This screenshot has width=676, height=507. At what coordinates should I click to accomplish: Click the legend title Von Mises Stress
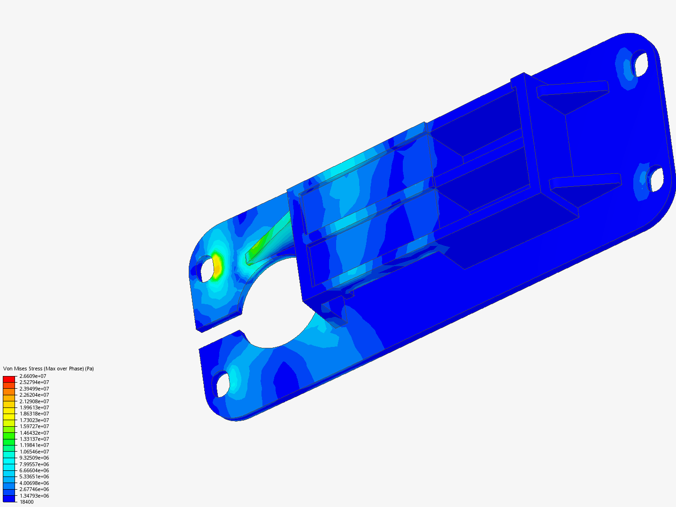click(x=48, y=369)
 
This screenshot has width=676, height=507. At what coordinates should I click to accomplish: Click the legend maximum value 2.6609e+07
click(x=32, y=376)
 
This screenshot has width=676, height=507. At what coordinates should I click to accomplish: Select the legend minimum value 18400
click(x=26, y=502)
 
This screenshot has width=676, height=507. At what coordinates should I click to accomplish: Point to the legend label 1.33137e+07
click(x=34, y=439)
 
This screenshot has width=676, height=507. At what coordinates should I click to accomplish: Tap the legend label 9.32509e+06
click(x=34, y=458)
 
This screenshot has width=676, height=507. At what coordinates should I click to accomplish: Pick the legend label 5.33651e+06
click(x=34, y=476)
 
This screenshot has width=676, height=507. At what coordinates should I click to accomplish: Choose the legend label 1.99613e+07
click(x=34, y=407)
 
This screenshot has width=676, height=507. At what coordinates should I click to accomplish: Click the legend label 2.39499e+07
click(x=34, y=389)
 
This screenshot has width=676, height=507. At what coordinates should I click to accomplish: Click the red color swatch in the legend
click(x=9, y=378)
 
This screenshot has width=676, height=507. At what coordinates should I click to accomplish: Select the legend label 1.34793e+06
click(x=34, y=496)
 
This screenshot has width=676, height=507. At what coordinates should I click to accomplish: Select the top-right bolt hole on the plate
click(x=639, y=64)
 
